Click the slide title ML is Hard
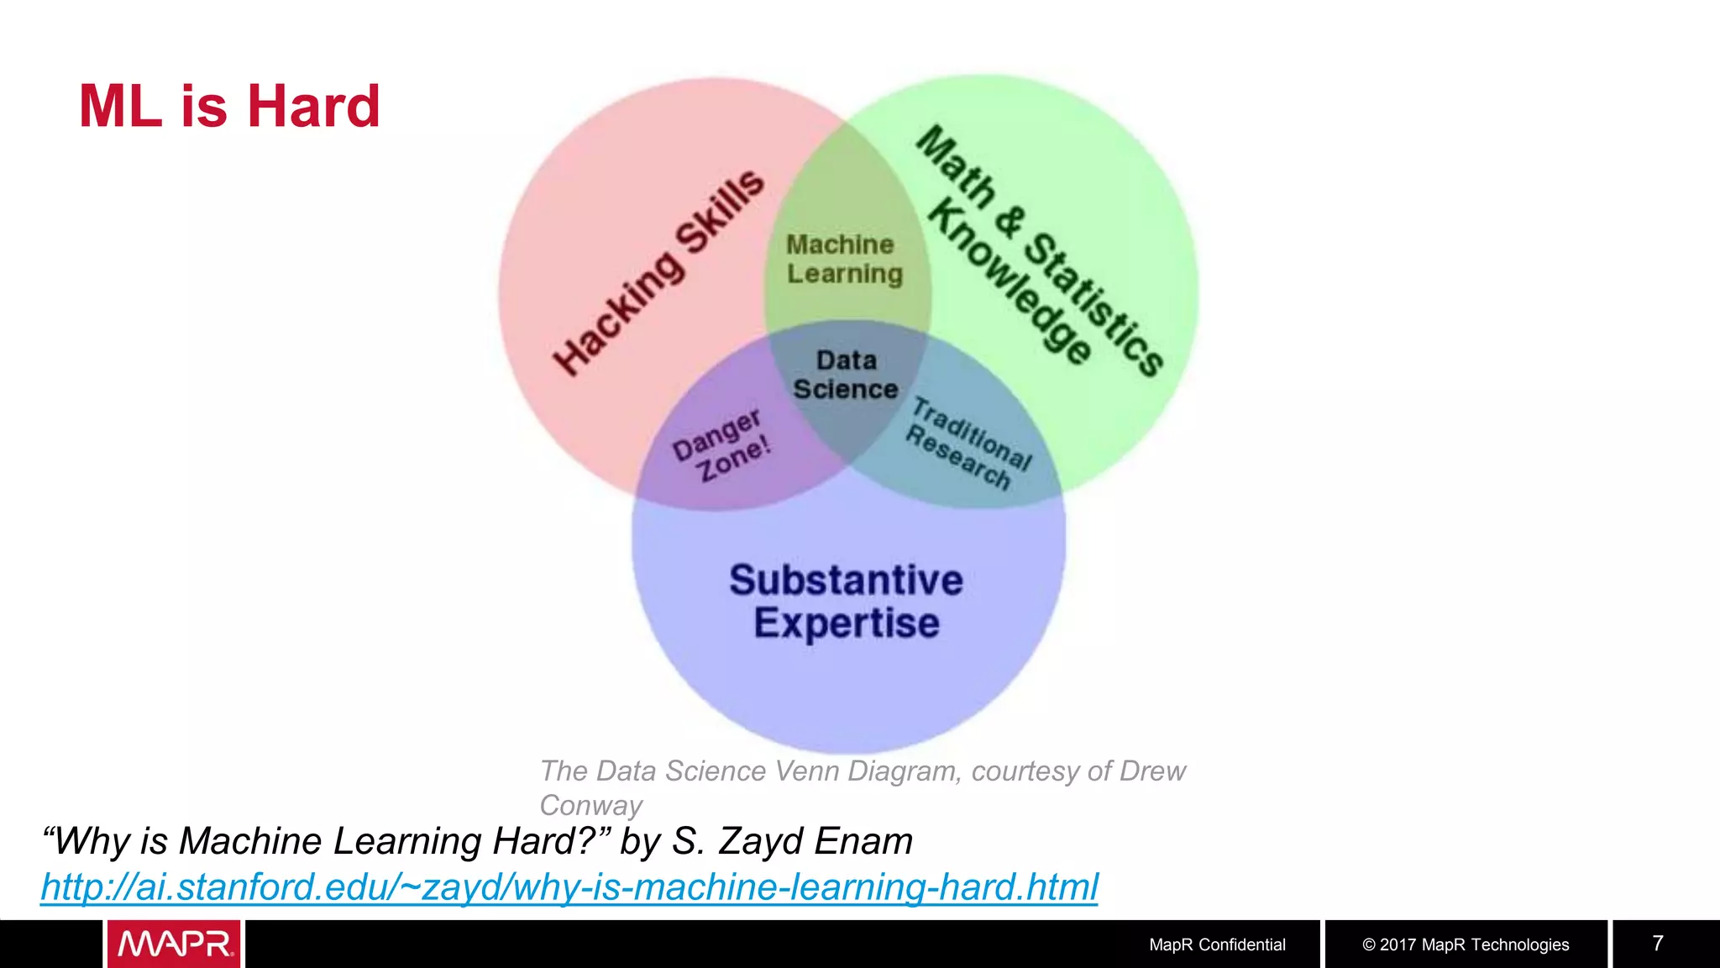pyautogui.click(x=229, y=107)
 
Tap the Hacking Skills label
pyautogui.click(x=658, y=272)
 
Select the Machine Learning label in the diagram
pyautogui.click(x=844, y=259)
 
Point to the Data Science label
pyautogui.click(x=846, y=375)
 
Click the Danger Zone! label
pyautogui.click(x=721, y=446)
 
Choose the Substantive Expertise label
pyautogui.click(x=846, y=602)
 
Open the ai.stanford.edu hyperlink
pyautogui.click(x=569, y=887)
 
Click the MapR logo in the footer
pyautogui.click(x=174, y=944)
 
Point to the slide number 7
pyautogui.click(x=1658, y=943)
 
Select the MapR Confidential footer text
pyautogui.click(x=1217, y=944)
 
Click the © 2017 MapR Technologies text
pyautogui.click(x=1466, y=944)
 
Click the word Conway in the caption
pyautogui.click(x=590, y=805)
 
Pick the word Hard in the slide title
pyautogui.click(x=312, y=107)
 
